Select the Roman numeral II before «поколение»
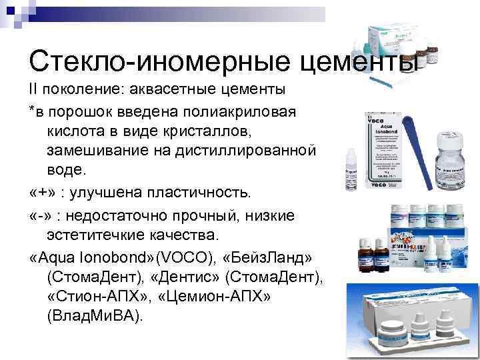pos(34,88)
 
